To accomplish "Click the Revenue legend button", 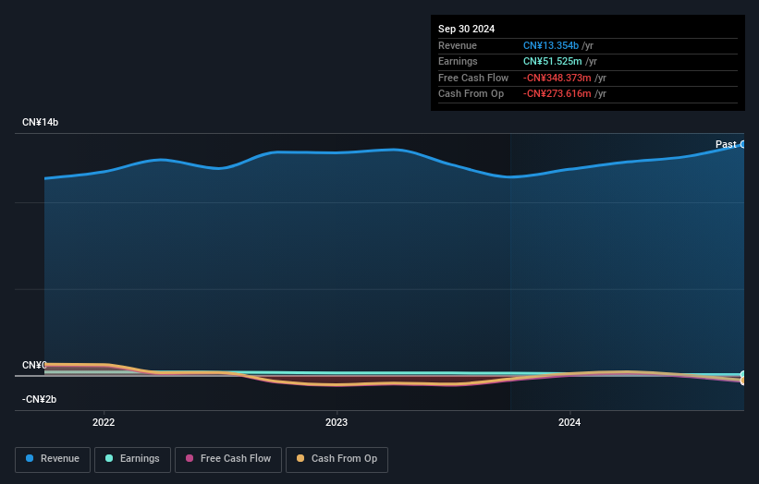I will click(53, 459).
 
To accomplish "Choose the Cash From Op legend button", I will click(337, 459).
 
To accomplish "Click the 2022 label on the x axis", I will click(104, 423).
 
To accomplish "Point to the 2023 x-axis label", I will click(337, 423).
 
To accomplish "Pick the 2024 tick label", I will click(569, 423).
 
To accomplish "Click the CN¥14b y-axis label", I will click(41, 123).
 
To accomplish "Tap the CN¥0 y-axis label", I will click(34, 366).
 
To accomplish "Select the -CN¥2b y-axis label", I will click(41, 400).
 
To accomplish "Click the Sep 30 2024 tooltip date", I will click(467, 29).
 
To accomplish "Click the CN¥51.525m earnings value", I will click(552, 62).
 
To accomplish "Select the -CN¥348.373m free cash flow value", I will click(557, 78).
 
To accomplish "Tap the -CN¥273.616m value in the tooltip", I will click(557, 94).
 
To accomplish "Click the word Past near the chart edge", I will click(726, 144).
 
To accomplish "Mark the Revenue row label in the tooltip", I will click(458, 45).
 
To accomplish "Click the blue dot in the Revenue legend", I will click(31, 459).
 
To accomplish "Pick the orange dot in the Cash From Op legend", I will click(300, 459).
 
